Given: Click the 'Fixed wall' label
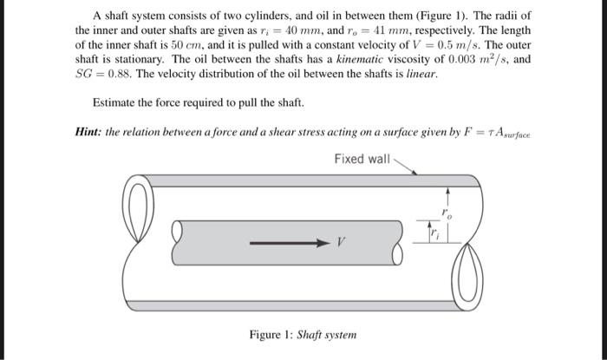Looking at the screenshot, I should (362, 159).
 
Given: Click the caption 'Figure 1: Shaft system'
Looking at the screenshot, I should (303, 335).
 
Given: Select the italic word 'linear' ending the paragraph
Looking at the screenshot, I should (420, 75).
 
